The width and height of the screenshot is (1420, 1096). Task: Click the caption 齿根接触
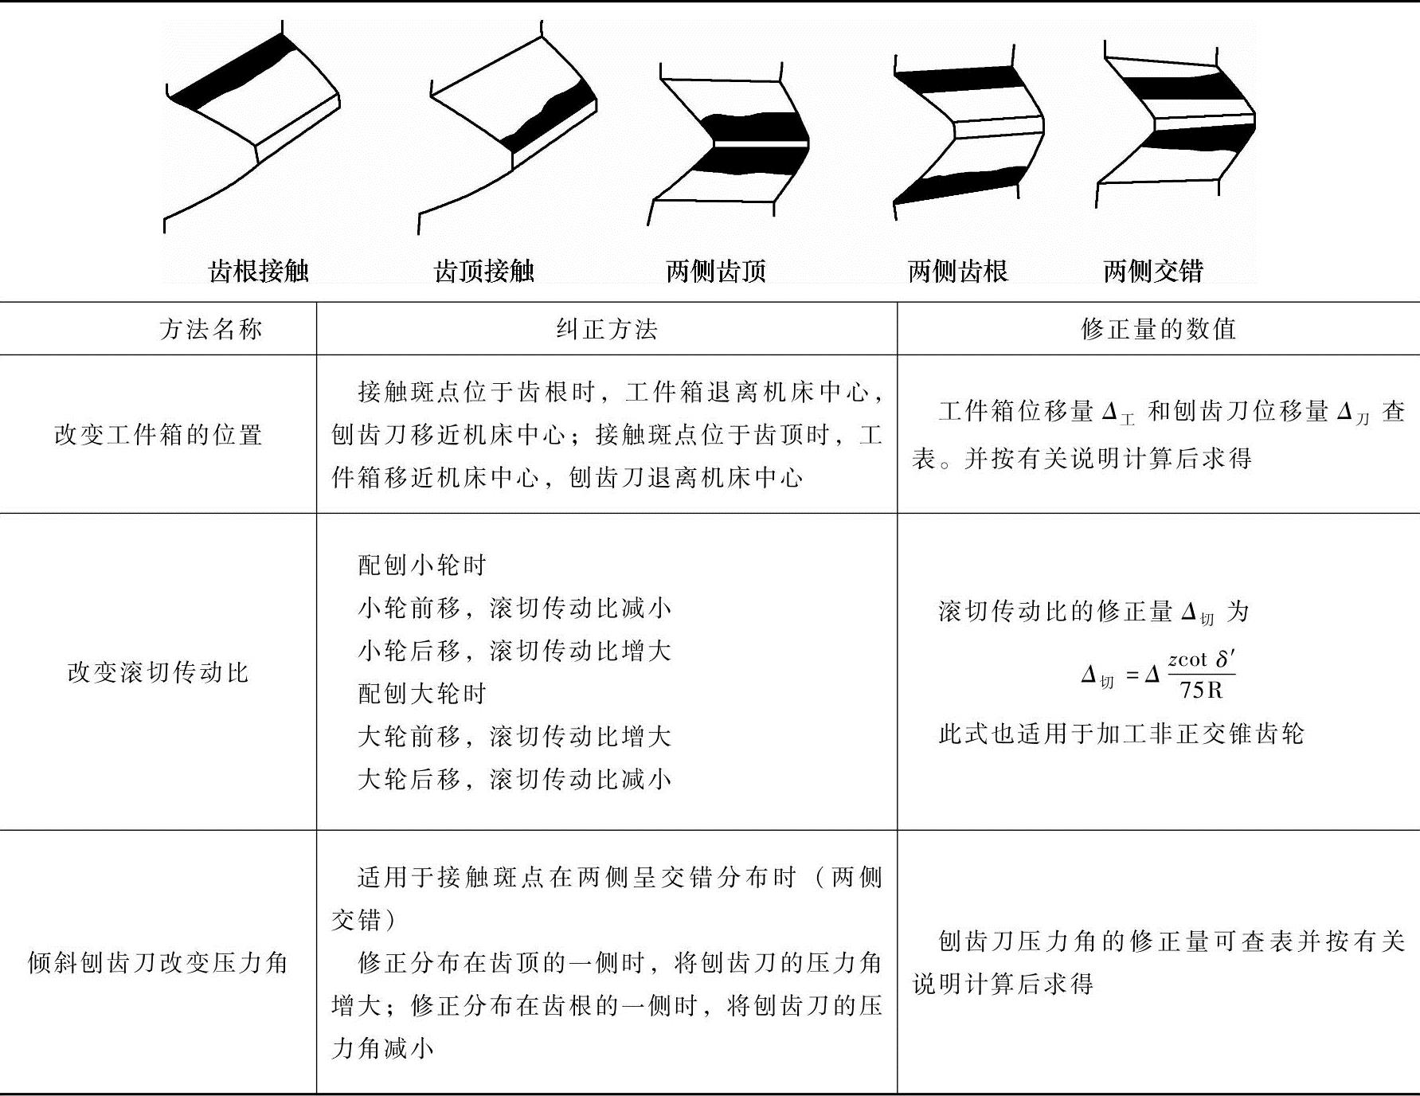click(x=258, y=272)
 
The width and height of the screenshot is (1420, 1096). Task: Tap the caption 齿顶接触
click(x=483, y=272)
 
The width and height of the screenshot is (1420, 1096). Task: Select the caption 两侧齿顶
click(x=716, y=272)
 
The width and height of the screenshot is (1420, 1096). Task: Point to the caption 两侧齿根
click(x=957, y=272)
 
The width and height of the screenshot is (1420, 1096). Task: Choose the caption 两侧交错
click(x=1152, y=272)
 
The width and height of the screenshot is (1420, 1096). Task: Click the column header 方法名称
click(x=210, y=329)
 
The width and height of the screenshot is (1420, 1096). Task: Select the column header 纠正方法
click(x=607, y=329)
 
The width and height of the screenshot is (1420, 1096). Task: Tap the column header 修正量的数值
click(x=1158, y=329)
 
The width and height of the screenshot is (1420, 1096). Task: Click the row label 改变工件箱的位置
click(x=158, y=435)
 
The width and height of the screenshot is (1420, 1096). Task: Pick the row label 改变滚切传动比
click(x=158, y=672)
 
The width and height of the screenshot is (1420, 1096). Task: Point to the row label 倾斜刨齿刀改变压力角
click(x=158, y=962)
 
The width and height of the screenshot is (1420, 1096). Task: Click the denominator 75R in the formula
click(x=1201, y=690)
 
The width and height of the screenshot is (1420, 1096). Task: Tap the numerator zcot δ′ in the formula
click(x=1201, y=660)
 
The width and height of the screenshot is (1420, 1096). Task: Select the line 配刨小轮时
click(x=421, y=566)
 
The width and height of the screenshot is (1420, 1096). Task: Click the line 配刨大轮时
click(x=421, y=694)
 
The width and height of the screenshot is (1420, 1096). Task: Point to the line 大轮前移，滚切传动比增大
click(x=514, y=736)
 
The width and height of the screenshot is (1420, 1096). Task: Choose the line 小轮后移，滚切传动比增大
click(x=514, y=651)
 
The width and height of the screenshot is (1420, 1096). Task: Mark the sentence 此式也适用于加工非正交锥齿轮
click(x=1121, y=734)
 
